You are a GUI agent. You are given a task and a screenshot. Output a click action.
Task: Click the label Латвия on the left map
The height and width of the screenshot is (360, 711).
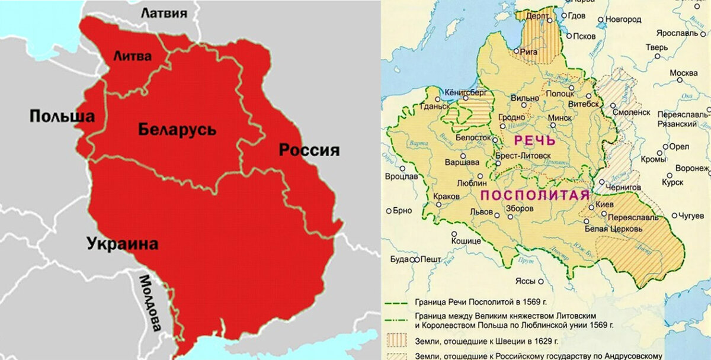tap(164, 13)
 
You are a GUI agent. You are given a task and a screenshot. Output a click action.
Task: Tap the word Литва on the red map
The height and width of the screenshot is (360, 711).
tap(132, 56)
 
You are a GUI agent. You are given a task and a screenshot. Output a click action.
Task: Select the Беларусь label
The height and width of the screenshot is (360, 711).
tap(177, 129)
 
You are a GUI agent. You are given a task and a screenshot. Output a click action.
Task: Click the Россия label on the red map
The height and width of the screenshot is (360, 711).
tap(309, 150)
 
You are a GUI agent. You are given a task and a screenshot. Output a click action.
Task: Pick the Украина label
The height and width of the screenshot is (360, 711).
tap(122, 243)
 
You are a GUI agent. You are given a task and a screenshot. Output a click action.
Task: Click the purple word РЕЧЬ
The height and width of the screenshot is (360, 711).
tap(534, 141)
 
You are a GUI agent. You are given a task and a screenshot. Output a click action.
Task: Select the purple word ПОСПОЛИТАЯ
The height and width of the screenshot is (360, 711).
tap(534, 196)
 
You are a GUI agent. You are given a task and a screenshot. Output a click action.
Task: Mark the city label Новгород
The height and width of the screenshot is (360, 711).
tap(623, 20)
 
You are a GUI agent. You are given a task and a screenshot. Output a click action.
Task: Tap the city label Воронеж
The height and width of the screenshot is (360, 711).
tap(694, 168)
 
